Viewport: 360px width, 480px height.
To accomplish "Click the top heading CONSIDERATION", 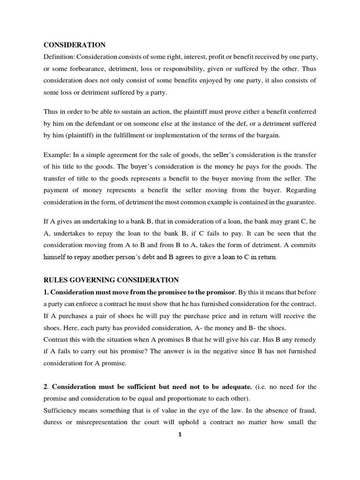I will [75, 45].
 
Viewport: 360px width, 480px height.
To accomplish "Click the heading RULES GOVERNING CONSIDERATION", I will [111, 280].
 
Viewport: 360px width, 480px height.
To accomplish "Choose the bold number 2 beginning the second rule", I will [45, 387].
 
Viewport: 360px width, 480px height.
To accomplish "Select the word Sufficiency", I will [63, 410].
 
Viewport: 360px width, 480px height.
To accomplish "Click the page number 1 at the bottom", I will [180, 435].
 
